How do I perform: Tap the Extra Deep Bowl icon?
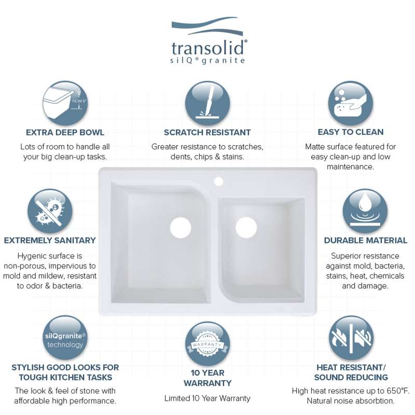tap(65, 103)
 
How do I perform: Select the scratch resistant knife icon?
tap(208, 103)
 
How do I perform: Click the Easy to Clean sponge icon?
tap(351, 103)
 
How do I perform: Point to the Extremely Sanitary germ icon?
tap(50, 211)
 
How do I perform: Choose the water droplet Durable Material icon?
tap(365, 211)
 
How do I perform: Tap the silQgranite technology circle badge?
tap(65, 338)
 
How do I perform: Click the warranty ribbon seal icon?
tap(208, 344)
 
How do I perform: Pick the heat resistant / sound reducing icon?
tap(351, 338)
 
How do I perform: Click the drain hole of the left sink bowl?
tap(181, 228)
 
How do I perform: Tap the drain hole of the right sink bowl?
tap(246, 228)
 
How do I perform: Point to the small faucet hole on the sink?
tap(218, 181)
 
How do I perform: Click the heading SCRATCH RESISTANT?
tap(207, 132)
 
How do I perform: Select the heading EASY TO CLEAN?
tap(351, 132)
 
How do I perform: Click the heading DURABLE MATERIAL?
tap(366, 240)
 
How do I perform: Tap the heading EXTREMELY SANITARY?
tap(50, 240)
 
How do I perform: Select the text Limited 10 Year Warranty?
tap(207, 398)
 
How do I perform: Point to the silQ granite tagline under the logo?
tap(208, 61)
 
